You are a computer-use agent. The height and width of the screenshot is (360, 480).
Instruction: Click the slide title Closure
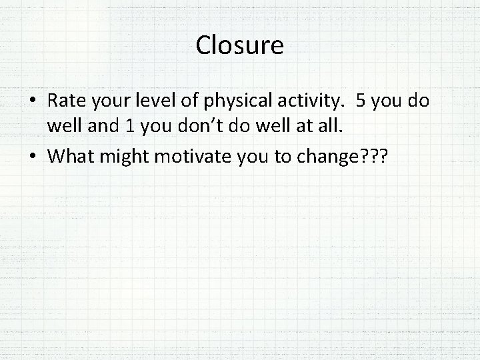click(240, 46)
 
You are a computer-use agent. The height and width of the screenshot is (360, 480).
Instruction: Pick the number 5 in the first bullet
click(361, 101)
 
